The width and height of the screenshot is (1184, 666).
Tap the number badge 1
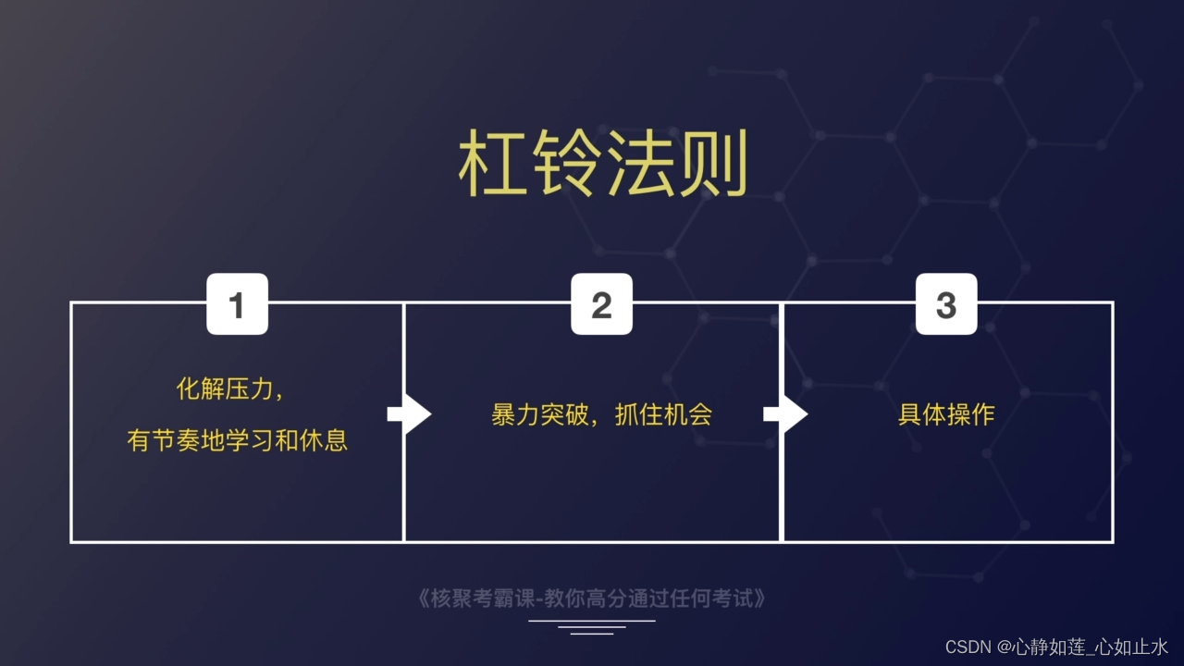point(237,304)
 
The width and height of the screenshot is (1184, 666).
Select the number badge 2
point(601,304)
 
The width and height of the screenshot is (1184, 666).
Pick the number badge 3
point(945,304)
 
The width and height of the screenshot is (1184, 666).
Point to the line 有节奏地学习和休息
point(238,440)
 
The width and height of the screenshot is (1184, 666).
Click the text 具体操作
point(945,414)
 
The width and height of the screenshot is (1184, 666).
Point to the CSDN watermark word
point(968,647)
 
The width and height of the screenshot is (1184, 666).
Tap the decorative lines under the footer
point(592,626)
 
